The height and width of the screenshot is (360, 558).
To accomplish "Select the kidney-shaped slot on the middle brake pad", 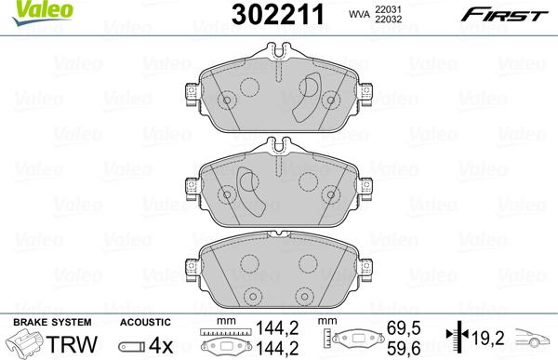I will (250, 190).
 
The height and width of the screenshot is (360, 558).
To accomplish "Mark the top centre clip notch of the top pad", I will (279, 54).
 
